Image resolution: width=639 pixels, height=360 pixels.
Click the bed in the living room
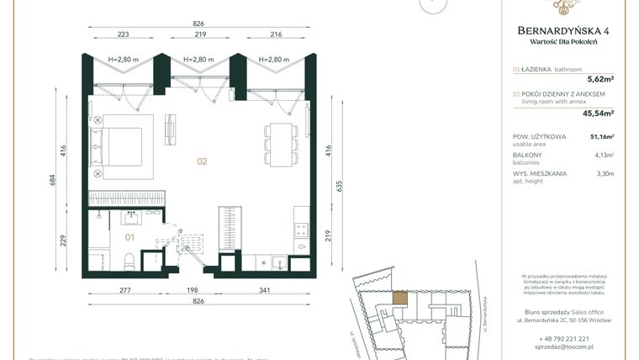[126, 147]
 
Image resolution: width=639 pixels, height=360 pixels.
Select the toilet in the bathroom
[129, 262]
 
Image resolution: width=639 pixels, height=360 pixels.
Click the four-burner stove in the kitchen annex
[300, 233]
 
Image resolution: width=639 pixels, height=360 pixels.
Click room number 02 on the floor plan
[202, 161]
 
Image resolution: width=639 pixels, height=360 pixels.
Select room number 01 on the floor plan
[130, 238]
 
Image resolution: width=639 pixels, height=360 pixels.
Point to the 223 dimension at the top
[123, 36]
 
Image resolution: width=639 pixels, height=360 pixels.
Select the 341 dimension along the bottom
[266, 289]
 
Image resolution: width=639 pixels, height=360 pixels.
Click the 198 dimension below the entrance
[192, 289]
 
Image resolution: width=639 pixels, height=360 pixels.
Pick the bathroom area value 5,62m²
[599, 83]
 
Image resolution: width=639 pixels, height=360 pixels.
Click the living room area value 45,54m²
[597, 112]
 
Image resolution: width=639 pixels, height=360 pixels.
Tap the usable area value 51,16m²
[601, 136]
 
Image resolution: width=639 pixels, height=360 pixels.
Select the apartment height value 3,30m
[605, 174]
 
